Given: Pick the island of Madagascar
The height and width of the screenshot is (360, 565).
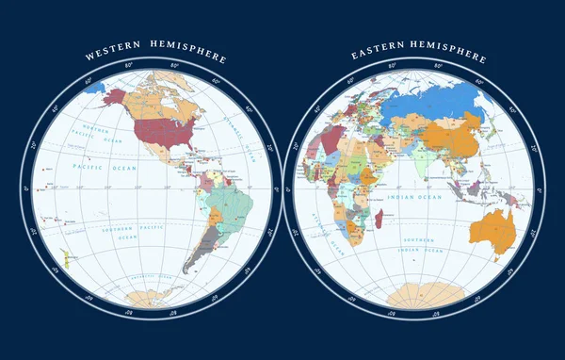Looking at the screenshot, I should coord(379,219).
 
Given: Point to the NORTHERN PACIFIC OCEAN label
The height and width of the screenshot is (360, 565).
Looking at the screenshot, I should coord(94,133).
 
